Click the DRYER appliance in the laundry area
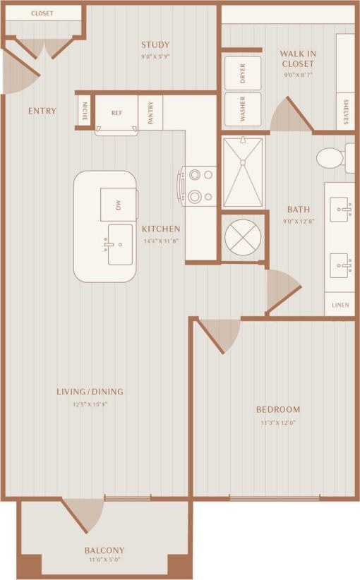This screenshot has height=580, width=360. (x=242, y=73)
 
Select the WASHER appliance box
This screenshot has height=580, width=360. (x=242, y=109)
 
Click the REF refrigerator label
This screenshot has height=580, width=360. (x=116, y=111)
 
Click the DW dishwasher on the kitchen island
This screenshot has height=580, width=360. (x=117, y=205)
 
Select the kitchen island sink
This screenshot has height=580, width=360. (x=120, y=245)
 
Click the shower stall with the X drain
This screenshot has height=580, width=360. (x=243, y=172)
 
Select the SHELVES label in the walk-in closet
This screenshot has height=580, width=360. (x=346, y=111)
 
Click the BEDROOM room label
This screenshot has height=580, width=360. (x=277, y=409)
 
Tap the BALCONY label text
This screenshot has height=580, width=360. (x=104, y=550)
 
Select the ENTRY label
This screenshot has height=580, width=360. (x=42, y=111)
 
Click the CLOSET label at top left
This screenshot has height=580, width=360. (x=42, y=13)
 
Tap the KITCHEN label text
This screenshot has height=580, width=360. (x=161, y=229)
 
